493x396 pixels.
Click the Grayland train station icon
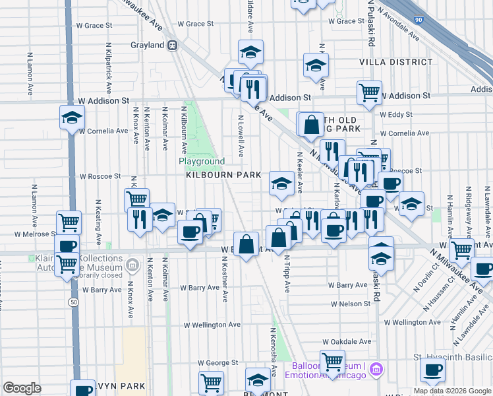173,45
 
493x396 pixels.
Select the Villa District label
395,62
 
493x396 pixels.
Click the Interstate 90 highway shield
420,20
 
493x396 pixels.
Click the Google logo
22,388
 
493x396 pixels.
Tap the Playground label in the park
202,161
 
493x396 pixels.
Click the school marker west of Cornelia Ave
71,119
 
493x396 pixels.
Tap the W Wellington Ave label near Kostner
212,325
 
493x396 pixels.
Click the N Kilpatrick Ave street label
108,69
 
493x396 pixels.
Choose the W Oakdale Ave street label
347,342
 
